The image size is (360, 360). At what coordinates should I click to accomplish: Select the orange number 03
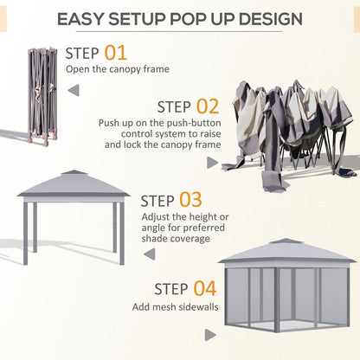(x=190, y=202)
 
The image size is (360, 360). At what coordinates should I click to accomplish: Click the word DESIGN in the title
(x=267, y=18)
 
